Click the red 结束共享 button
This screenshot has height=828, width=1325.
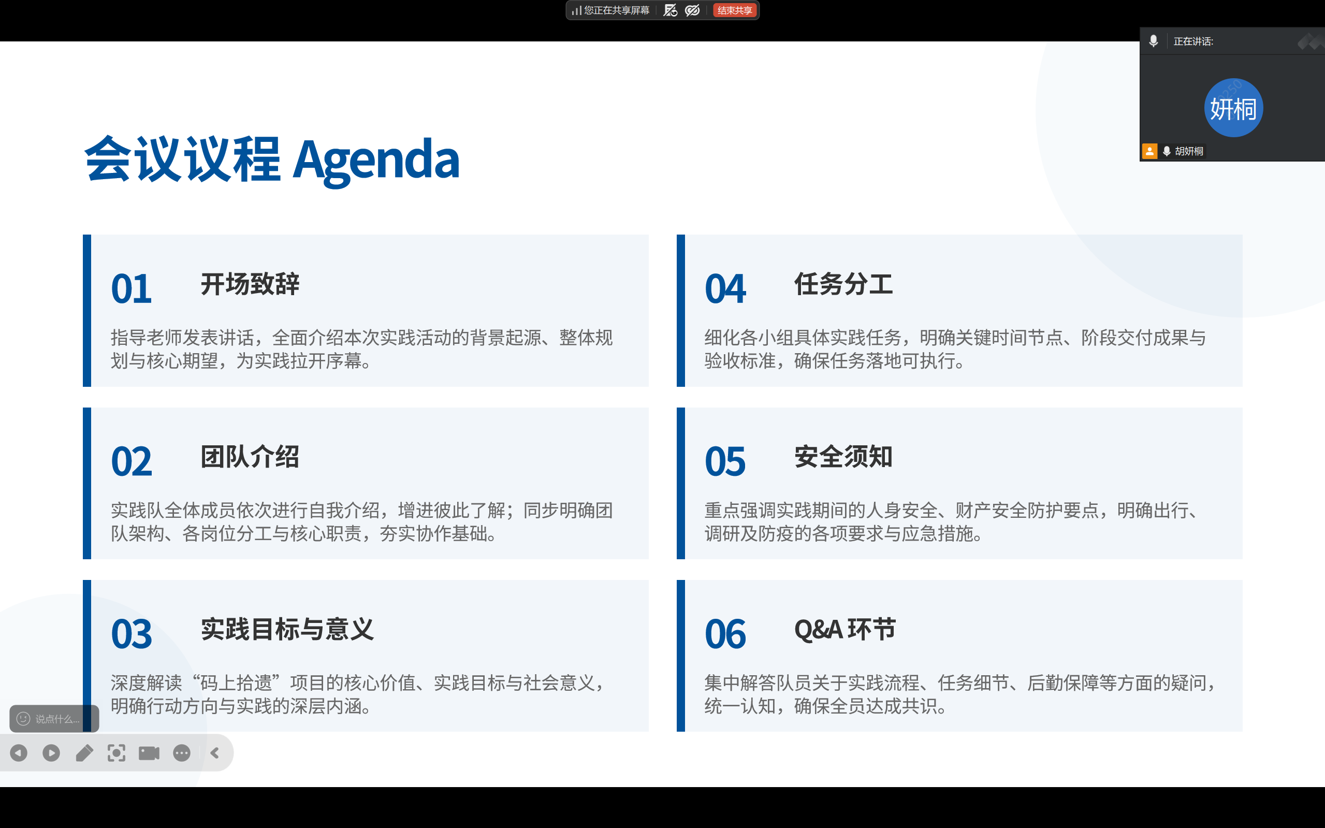(734, 10)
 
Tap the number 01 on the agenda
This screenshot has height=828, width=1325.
(132, 288)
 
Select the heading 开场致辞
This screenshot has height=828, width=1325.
(250, 284)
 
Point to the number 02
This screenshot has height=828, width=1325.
(132, 461)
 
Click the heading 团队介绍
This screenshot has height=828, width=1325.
(250, 457)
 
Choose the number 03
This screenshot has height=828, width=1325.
(132, 634)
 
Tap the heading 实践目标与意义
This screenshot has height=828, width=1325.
(287, 629)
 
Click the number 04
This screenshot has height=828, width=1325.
(725, 288)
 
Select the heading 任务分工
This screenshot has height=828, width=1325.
(844, 284)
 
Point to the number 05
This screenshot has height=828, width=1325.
(725, 461)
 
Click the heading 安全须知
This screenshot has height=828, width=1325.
(844, 457)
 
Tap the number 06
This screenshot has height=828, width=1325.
(725, 634)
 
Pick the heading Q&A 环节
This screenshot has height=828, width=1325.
(845, 629)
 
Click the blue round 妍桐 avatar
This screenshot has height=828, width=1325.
(1233, 108)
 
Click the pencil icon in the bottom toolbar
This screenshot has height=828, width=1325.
(84, 753)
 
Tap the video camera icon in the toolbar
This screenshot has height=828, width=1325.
(149, 753)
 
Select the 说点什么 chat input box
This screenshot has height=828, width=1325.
(54, 718)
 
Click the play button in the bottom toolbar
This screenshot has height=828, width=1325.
(51, 753)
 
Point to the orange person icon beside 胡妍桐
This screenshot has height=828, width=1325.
(1150, 151)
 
